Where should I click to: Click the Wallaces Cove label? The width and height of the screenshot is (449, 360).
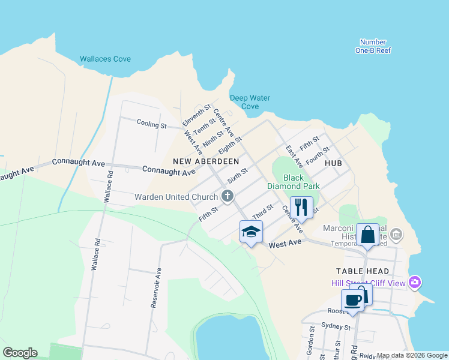[105, 59]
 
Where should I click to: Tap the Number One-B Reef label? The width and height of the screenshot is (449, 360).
[373, 46]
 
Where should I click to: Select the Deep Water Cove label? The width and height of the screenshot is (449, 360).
[250, 102]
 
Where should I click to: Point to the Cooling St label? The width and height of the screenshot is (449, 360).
[151, 125]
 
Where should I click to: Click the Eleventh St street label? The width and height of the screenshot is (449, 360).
[197, 116]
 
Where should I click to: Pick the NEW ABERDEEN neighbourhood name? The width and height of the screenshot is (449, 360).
[206, 161]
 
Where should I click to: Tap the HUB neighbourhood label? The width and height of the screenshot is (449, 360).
[333, 163]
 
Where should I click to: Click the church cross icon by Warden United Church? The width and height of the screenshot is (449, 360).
[227, 196]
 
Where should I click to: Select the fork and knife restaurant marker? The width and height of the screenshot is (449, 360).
[301, 207]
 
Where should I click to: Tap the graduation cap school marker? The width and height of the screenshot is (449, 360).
[251, 231]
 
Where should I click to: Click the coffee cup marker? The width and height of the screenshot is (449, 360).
[352, 300]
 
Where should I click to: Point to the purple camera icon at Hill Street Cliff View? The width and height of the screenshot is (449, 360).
[414, 282]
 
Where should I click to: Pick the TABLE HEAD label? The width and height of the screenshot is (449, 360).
[358, 271]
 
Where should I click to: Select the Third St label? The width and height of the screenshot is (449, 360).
[262, 211]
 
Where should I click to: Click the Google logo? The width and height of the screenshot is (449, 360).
[20, 352]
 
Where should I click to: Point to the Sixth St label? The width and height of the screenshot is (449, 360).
[237, 176]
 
